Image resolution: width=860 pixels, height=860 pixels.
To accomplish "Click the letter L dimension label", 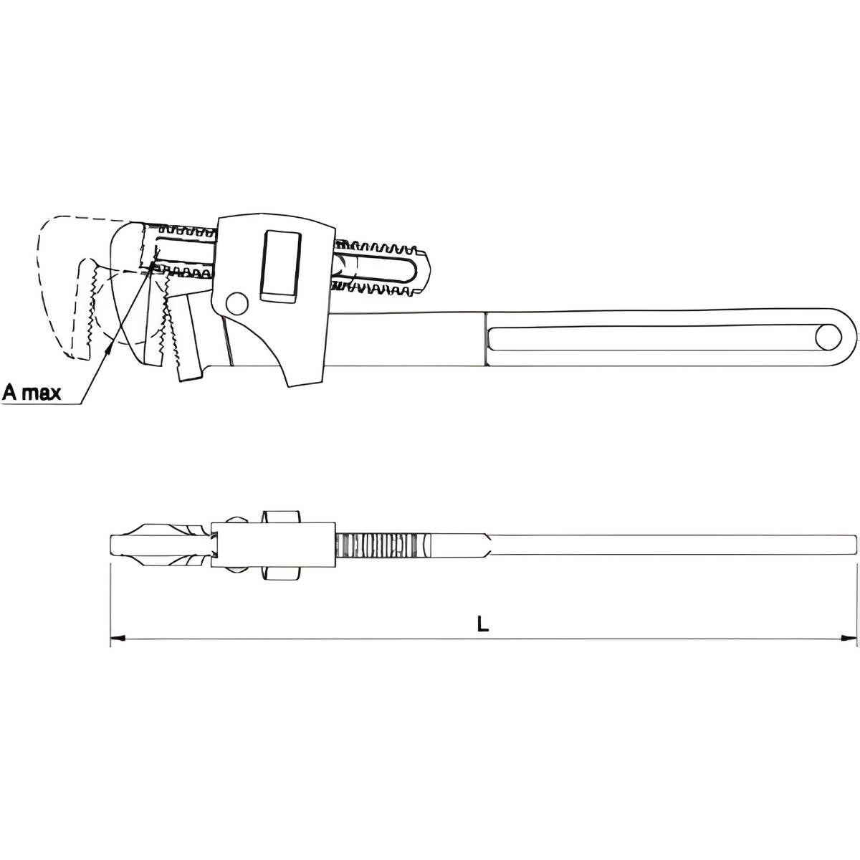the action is (483, 623).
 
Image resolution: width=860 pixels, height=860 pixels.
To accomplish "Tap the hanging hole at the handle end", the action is (828, 338).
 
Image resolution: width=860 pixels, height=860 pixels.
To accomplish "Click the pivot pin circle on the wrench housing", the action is (237, 303).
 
